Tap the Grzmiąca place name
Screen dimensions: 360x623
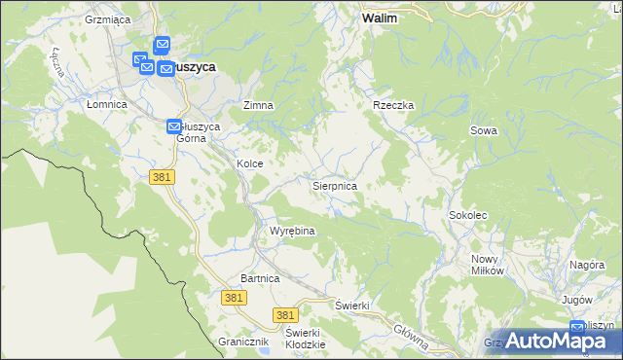pyautogui.click(x=108, y=19)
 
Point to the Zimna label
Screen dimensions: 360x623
pyautogui.click(x=258, y=105)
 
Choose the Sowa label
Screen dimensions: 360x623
pyautogui.click(x=483, y=130)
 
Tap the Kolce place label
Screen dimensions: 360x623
pyautogui.click(x=249, y=164)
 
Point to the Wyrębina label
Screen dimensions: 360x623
pyautogui.click(x=292, y=232)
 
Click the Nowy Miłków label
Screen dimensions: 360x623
pyautogui.click(x=488, y=265)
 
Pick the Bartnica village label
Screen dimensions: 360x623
pyautogui.click(x=261, y=278)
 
